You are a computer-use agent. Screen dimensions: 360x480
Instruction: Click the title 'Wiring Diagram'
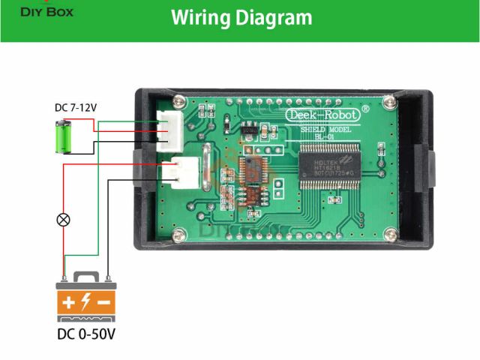[x=241, y=17]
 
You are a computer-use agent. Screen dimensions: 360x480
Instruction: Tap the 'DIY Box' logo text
[x=41, y=10]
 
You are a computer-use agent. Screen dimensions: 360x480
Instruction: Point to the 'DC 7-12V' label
[x=76, y=107]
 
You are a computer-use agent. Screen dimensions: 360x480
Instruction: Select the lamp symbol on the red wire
[x=64, y=220]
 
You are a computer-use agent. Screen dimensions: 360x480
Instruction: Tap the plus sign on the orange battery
[x=69, y=303]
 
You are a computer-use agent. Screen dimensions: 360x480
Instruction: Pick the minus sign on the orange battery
[x=104, y=303]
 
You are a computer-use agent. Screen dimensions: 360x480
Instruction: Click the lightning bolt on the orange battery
[x=86, y=302]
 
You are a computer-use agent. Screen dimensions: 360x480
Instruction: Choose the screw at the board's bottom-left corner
[x=178, y=236]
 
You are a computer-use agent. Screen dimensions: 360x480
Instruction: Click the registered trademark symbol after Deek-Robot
[x=365, y=109]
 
